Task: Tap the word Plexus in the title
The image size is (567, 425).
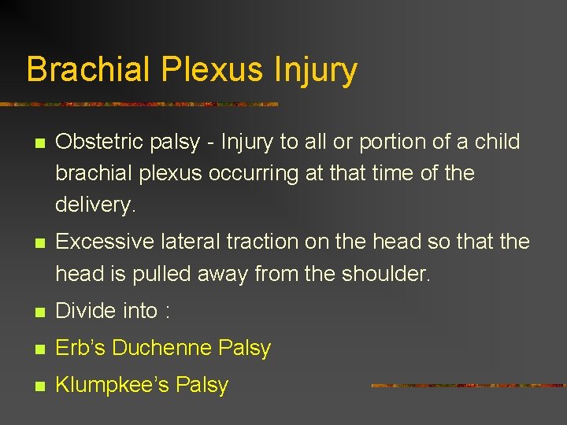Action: coord(212,69)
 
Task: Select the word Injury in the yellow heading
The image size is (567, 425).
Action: coord(316,69)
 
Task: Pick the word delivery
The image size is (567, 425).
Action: coord(95,205)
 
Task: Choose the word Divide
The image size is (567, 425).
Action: coord(85,311)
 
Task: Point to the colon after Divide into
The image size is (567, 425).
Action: coord(167,312)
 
